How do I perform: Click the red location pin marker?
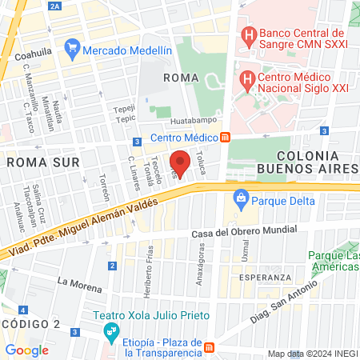click(181, 162)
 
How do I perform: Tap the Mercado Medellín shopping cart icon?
click(72, 50)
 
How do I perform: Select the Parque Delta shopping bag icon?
click(238, 198)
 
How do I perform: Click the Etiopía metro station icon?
click(210, 347)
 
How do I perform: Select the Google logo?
click(26, 350)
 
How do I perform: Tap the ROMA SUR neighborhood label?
click(42, 162)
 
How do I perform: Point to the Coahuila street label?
click(33, 57)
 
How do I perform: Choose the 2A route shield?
click(55, 6)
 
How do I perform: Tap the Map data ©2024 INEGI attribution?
click(313, 354)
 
